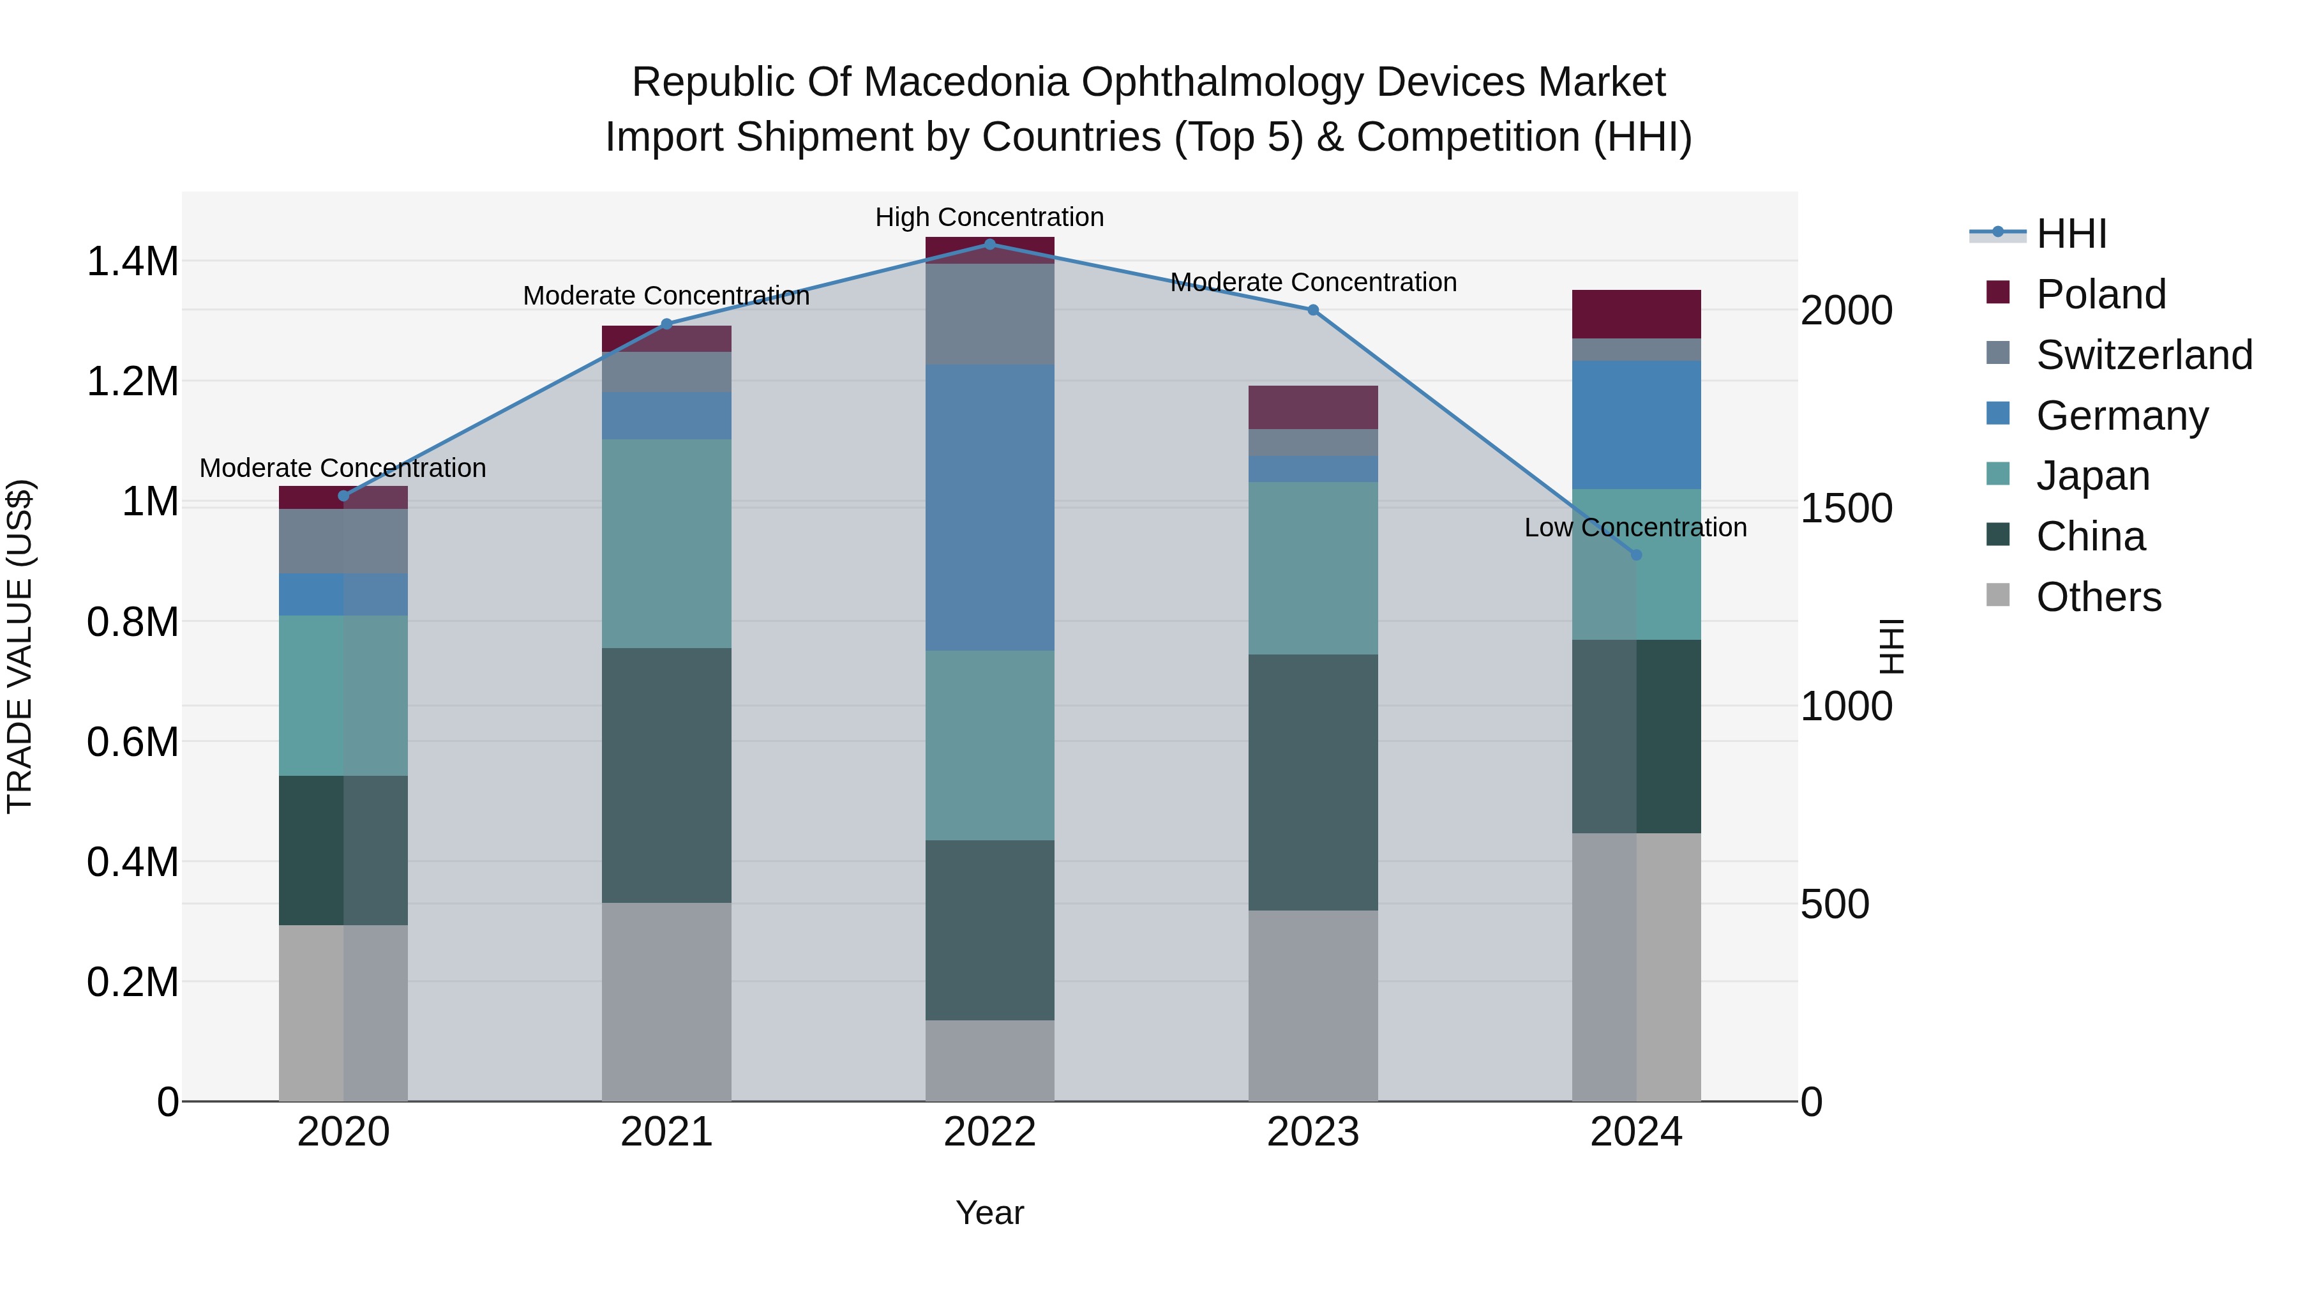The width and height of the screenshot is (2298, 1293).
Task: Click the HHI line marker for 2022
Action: tap(989, 244)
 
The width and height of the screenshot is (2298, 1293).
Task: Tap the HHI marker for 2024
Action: tap(1636, 554)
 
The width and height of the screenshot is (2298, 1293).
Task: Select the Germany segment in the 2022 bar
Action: tap(989, 507)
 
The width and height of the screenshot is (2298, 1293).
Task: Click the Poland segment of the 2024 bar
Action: tap(1636, 314)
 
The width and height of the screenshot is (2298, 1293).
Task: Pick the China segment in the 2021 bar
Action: tap(666, 775)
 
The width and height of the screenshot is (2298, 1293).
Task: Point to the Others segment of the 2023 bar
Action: tap(1312, 1005)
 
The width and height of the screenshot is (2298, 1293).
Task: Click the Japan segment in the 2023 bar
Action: tap(1312, 568)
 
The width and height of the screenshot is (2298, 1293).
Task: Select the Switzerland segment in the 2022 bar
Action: tap(989, 314)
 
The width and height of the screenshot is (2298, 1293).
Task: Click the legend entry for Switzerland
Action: tap(2144, 355)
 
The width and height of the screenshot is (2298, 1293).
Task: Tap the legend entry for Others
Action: tap(2098, 597)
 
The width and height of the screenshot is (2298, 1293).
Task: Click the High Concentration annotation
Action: tap(989, 217)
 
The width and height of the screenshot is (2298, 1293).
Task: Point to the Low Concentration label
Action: tap(1635, 527)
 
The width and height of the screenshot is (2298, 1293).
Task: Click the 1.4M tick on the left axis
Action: tap(132, 262)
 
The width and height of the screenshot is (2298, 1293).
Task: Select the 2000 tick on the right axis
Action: tap(1845, 310)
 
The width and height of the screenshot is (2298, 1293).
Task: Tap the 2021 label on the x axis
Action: tap(666, 1132)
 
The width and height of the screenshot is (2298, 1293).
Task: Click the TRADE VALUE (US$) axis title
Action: tap(20, 646)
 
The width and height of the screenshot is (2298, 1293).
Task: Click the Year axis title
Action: tap(989, 1213)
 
